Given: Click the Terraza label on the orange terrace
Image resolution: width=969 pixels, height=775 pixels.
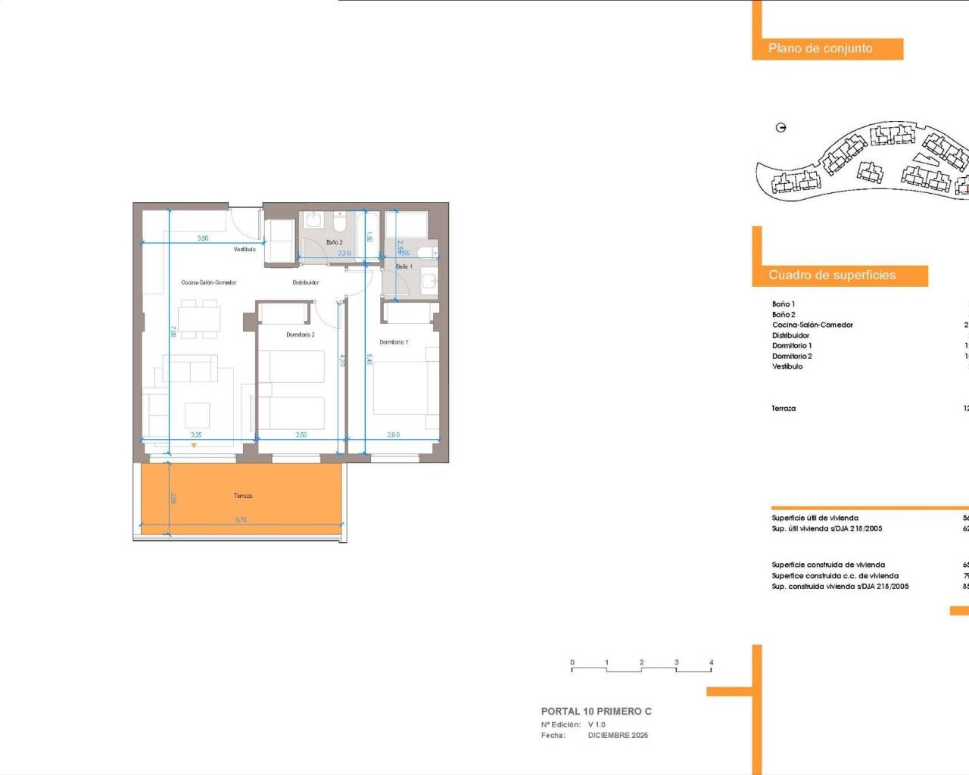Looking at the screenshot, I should click(243, 496).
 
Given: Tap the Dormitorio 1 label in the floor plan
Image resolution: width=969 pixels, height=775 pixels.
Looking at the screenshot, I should click(394, 342).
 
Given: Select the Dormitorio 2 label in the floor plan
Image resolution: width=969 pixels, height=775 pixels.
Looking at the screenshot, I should click(301, 335).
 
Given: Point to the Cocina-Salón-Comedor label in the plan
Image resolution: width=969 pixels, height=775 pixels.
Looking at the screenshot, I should click(209, 282).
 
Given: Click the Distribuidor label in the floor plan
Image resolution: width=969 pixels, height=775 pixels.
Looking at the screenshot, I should click(306, 282).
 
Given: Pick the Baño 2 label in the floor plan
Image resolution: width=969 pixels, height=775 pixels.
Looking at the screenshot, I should click(335, 242).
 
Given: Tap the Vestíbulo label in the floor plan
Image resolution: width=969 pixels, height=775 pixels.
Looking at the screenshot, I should click(245, 249).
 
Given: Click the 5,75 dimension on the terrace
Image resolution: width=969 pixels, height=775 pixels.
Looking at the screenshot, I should click(241, 520).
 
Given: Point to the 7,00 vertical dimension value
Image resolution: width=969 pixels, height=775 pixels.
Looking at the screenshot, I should click(173, 331).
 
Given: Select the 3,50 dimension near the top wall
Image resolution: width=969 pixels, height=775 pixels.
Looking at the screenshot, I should click(203, 238).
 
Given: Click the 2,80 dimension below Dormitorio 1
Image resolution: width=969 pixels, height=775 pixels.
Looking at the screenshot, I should click(394, 434).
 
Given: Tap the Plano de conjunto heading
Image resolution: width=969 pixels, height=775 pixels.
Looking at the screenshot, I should click(821, 48).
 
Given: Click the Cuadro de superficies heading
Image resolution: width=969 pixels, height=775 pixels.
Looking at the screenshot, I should click(832, 275).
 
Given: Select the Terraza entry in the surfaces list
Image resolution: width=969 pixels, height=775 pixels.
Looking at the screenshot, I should click(784, 409).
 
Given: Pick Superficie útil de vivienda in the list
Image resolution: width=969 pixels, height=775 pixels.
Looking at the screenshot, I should click(815, 518).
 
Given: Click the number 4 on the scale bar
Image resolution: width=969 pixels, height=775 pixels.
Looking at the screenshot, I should click(711, 662).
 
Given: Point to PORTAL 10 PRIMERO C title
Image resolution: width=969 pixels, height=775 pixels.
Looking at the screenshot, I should click(596, 711).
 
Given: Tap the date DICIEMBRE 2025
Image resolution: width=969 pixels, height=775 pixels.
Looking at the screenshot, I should click(618, 735).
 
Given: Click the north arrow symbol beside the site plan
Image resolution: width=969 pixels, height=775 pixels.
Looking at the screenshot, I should click(781, 128).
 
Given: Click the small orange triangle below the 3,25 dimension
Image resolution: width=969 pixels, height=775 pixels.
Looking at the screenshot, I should click(194, 445).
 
